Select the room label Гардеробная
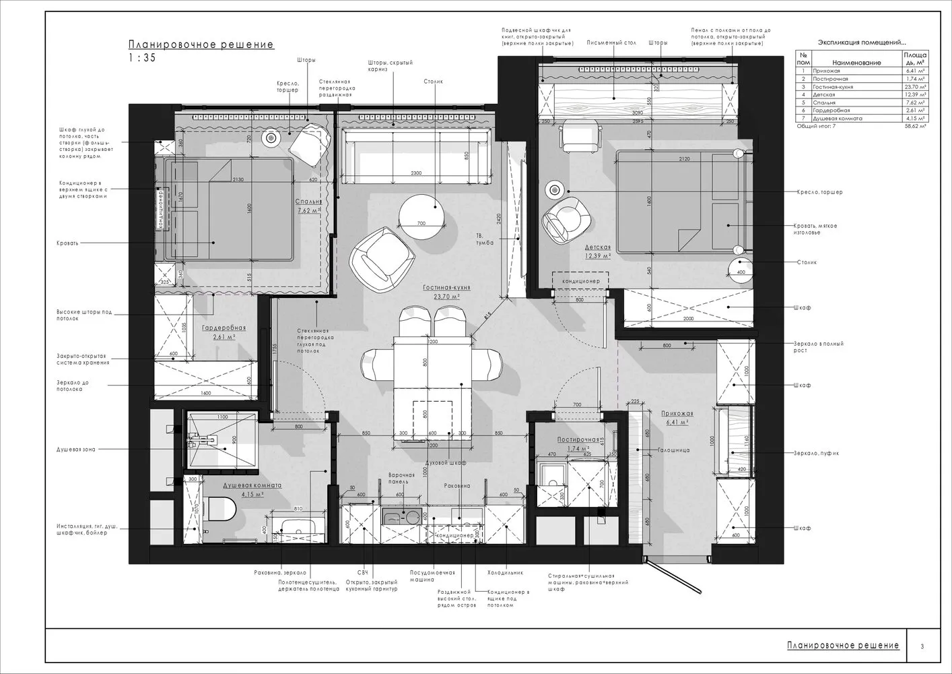pos(224,328)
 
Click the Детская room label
pos(597,247)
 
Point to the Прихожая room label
pos(677,414)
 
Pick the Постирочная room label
pos(578,439)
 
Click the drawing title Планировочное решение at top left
pos(201,45)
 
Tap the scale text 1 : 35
pos(142,58)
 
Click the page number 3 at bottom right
pos(922,646)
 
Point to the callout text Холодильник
pos(504,573)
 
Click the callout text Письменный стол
pos(611,42)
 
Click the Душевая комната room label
pos(252,485)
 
